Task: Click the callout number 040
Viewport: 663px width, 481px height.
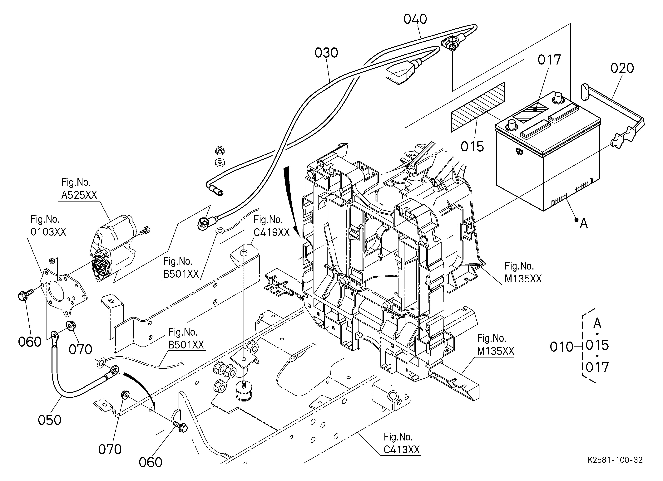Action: pos(415,19)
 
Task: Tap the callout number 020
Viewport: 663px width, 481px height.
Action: pos(622,68)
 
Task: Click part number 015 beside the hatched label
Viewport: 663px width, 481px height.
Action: pos(472,147)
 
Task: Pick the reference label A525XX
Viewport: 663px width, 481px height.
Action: pos(79,195)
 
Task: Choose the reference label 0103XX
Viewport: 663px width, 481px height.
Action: pos(48,232)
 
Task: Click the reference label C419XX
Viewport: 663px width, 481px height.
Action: pos(272,232)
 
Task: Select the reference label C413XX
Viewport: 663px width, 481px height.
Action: pos(402,450)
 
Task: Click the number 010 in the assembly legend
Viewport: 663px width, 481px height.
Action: pos(562,347)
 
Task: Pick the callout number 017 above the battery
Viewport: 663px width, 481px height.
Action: pos(549,60)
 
